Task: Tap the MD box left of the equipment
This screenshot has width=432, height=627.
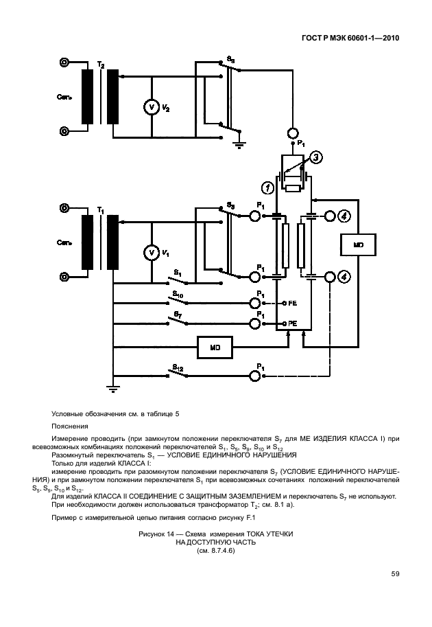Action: [214, 347]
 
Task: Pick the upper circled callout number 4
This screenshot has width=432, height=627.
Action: [346, 216]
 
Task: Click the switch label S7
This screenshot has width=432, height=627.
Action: [177, 315]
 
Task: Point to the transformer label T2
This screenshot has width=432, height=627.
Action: [101, 64]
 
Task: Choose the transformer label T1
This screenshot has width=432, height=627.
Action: [101, 209]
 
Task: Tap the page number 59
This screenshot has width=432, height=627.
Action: [396, 573]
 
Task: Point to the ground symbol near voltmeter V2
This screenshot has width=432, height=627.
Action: [239, 143]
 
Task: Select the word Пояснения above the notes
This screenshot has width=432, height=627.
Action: [70, 426]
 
